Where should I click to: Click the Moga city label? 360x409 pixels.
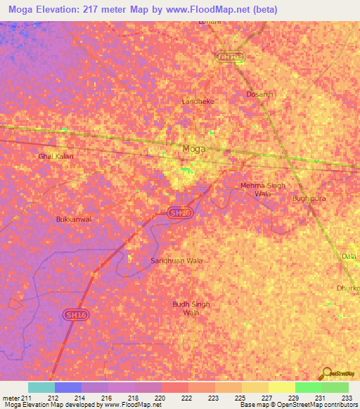click(194, 148)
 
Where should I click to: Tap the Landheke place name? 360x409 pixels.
click(198, 101)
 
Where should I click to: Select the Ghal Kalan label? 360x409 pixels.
click(56, 156)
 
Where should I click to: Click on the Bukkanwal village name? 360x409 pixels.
click(74, 219)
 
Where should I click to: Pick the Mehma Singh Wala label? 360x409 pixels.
click(263, 189)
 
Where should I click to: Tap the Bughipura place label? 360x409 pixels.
click(309, 199)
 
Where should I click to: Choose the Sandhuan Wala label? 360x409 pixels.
click(177, 261)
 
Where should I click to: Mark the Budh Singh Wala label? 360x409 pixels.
click(191, 308)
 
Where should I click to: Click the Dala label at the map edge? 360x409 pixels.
click(349, 257)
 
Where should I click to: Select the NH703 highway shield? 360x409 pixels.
click(231, 56)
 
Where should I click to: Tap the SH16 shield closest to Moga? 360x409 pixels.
click(180, 212)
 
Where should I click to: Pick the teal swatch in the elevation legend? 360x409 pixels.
click(41, 387)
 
